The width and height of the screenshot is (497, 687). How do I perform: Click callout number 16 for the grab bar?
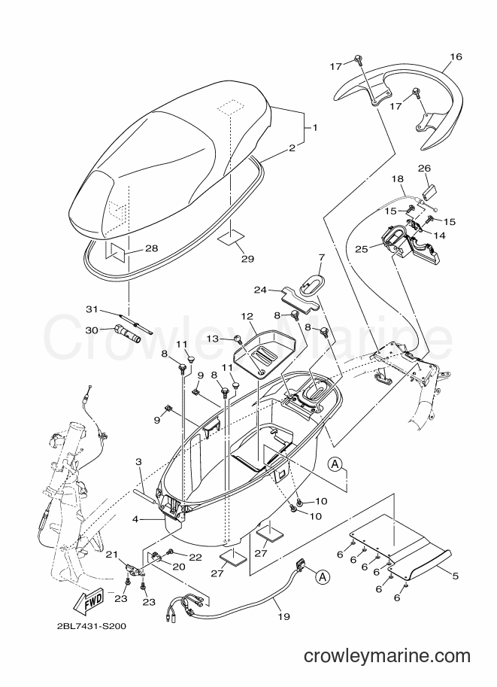click(x=456, y=57)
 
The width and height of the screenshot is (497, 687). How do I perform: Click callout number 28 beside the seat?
click(x=152, y=248)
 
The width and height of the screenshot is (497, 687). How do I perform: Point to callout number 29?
click(x=247, y=259)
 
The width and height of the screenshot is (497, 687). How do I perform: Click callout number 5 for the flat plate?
click(x=456, y=576)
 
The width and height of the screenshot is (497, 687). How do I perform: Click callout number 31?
click(x=91, y=310)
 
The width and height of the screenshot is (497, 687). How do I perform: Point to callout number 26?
click(x=424, y=169)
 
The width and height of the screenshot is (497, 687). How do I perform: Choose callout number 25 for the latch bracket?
click(x=361, y=248)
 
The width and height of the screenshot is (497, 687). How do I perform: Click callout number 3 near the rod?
click(x=138, y=462)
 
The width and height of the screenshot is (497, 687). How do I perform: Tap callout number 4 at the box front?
click(x=135, y=520)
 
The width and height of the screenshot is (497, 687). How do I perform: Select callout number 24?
click(x=261, y=290)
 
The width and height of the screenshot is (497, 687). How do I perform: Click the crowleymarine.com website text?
click(x=387, y=656)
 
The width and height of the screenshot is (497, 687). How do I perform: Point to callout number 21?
click(x=113, y=555)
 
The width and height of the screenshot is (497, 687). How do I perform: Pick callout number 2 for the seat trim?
click(x=292, y=148)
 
